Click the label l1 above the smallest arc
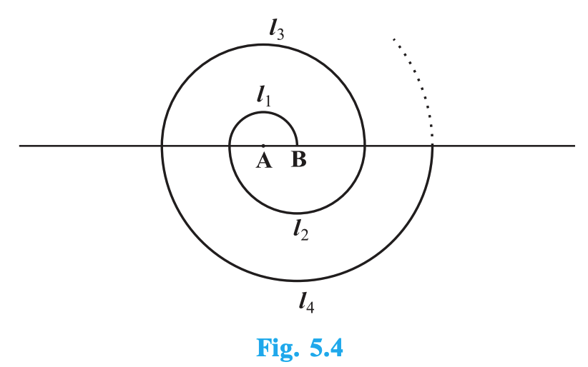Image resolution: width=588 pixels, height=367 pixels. point(265,97)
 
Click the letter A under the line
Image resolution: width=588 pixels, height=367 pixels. point(263,161)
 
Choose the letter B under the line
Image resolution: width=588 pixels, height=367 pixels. point(298,161)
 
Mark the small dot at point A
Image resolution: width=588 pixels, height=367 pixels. point(263,146)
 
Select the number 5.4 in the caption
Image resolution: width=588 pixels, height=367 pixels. point(324,348)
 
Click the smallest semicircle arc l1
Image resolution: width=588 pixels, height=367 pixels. point(263,112)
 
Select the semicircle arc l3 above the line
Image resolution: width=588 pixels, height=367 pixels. point(263,44)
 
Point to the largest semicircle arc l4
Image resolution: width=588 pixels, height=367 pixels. point(297,281)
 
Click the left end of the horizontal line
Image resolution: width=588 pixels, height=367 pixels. point(20,146)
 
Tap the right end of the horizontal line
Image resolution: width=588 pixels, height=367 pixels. point(574,146)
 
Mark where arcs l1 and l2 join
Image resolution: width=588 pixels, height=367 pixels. point(230,146)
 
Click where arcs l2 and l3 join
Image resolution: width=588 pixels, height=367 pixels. point(365,146)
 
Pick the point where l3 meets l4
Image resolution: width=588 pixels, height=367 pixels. point(162,146)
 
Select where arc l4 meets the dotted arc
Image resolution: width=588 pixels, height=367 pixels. point(432,146)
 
